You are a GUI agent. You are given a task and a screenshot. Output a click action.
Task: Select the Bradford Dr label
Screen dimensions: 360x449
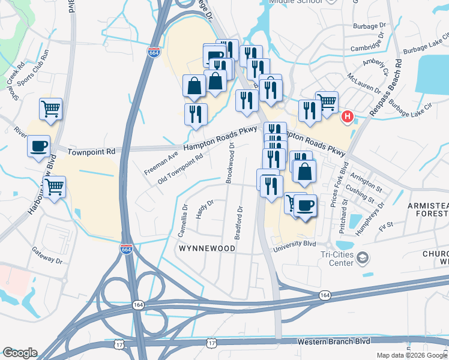[x=239, y=223]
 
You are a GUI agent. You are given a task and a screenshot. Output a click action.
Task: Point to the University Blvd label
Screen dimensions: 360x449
[x=294, y=245]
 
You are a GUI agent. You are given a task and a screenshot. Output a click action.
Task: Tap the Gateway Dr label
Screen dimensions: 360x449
[x=47, y=256]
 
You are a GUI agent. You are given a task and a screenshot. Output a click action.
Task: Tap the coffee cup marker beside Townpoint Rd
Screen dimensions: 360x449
[x=38, y=146]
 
